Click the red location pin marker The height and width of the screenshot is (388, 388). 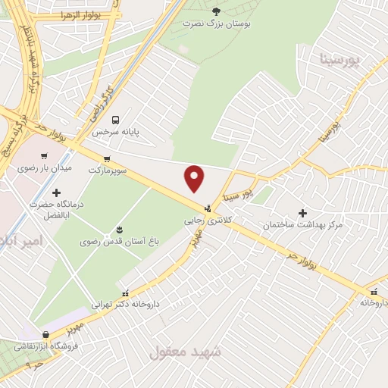(195, 178)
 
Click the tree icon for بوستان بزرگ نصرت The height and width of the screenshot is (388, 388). (217, 11)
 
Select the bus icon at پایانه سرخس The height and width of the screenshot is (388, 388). (116, 119)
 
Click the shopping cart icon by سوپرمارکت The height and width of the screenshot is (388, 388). (107, 158)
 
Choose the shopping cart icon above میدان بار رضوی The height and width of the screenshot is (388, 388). (44, 155)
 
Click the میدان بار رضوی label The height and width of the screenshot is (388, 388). (45, 167)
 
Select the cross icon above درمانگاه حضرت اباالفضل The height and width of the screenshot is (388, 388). (57, 192)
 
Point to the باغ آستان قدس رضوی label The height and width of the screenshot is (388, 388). (119, 242)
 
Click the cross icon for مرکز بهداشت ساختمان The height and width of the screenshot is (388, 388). (303, 213)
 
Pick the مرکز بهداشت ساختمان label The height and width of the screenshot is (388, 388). (302, 225)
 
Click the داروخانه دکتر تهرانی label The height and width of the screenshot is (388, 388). (125, 305)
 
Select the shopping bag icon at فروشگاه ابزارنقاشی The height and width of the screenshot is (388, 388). (47, 333)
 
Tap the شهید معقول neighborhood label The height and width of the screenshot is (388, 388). (185, 352)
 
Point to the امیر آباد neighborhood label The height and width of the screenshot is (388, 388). (23, 241)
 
